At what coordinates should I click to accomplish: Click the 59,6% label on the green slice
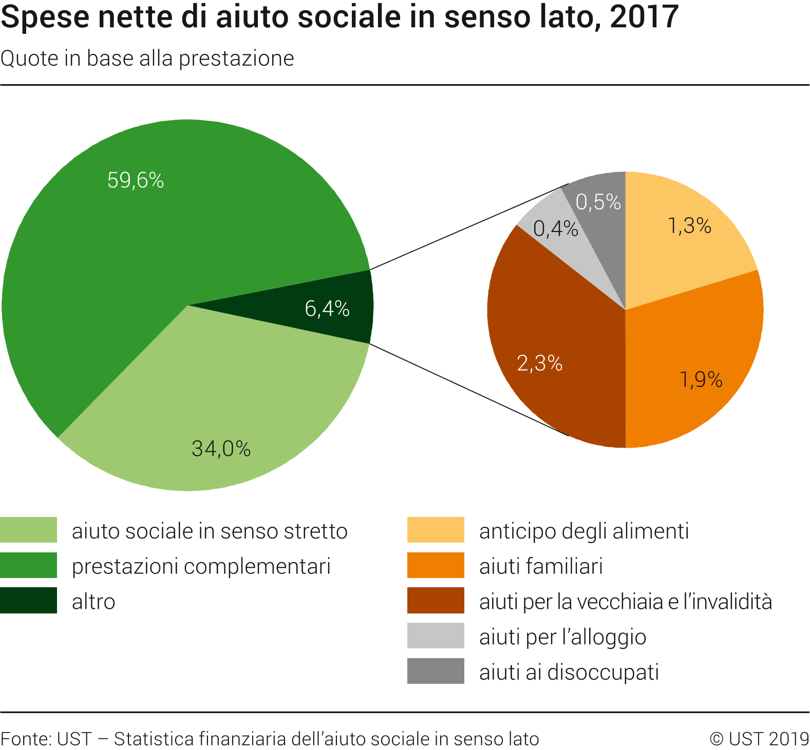click(136, 180)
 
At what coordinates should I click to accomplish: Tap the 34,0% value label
click(221, 449)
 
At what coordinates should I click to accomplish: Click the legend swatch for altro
click(28, 601)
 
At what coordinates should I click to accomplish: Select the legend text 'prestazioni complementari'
click(201, 566)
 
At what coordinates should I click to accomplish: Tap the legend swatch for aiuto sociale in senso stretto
click(28, 530)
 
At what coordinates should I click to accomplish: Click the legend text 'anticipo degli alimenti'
click(583, 531)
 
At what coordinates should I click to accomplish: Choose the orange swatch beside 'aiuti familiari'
click(436, 565)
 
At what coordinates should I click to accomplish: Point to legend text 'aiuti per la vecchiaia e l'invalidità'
click(625, 602)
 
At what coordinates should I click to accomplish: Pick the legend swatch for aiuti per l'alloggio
click(436, 636)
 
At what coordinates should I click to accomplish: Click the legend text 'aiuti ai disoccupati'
click(569, 672)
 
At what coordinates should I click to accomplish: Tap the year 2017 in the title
click(644, 16)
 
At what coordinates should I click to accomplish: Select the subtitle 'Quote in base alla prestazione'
click(147, 59)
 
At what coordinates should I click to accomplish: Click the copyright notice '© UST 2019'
click(759, 739)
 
